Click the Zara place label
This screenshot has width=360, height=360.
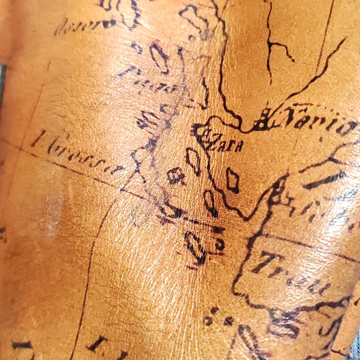coord(220,145)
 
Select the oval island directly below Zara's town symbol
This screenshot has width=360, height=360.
coord(194,161)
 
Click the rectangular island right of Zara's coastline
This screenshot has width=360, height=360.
coord(233,180)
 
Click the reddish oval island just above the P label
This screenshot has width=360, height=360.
coord(159,56)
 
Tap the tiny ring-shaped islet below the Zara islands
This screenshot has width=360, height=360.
coord(219,244)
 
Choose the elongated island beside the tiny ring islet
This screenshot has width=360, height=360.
coord(196,247)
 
